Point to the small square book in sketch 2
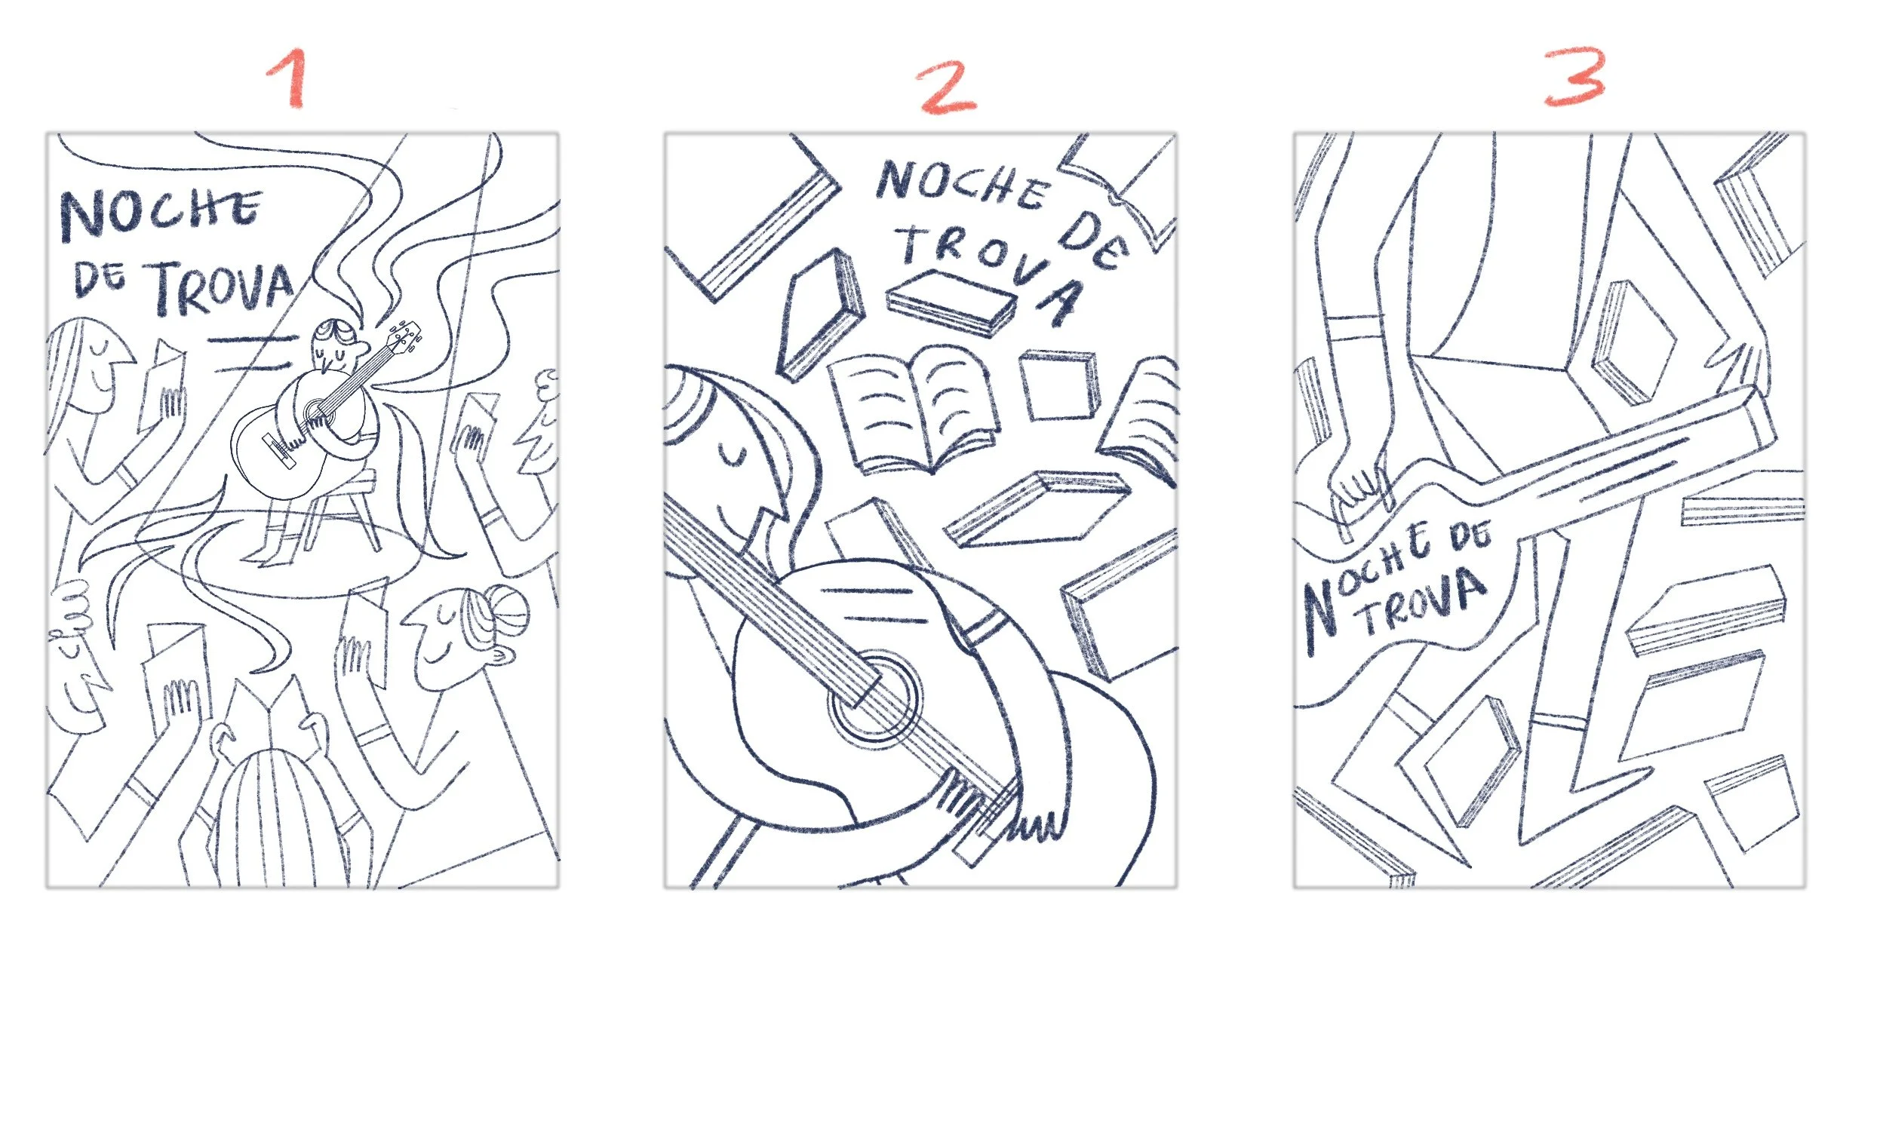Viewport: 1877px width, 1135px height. click(x=1059, y=385)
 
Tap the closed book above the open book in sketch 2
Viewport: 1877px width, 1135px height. click(x=951, y=303)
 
